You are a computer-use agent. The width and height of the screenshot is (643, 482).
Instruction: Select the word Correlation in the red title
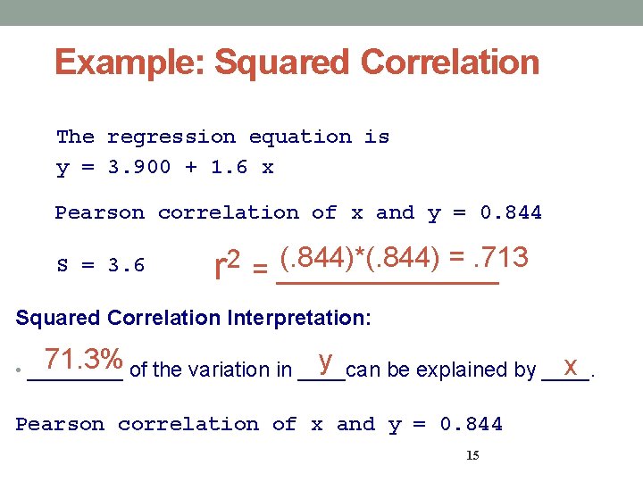click(x=450, y=63)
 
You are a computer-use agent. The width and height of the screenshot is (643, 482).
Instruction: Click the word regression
click(x=171, y=137)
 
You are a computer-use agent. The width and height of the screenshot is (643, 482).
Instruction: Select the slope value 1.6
click(x=230, y=168)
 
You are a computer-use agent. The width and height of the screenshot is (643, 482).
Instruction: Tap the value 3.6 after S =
click(x=127, y=266)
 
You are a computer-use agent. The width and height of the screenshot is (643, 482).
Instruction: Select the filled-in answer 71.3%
click(x=84, y=360)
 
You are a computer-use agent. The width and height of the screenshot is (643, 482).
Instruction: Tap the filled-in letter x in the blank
click(x=570, y=365)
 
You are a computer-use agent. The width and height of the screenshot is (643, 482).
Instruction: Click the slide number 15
click(x=472, y=456)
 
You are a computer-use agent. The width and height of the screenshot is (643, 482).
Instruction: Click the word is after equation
click(x=377, y=137)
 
